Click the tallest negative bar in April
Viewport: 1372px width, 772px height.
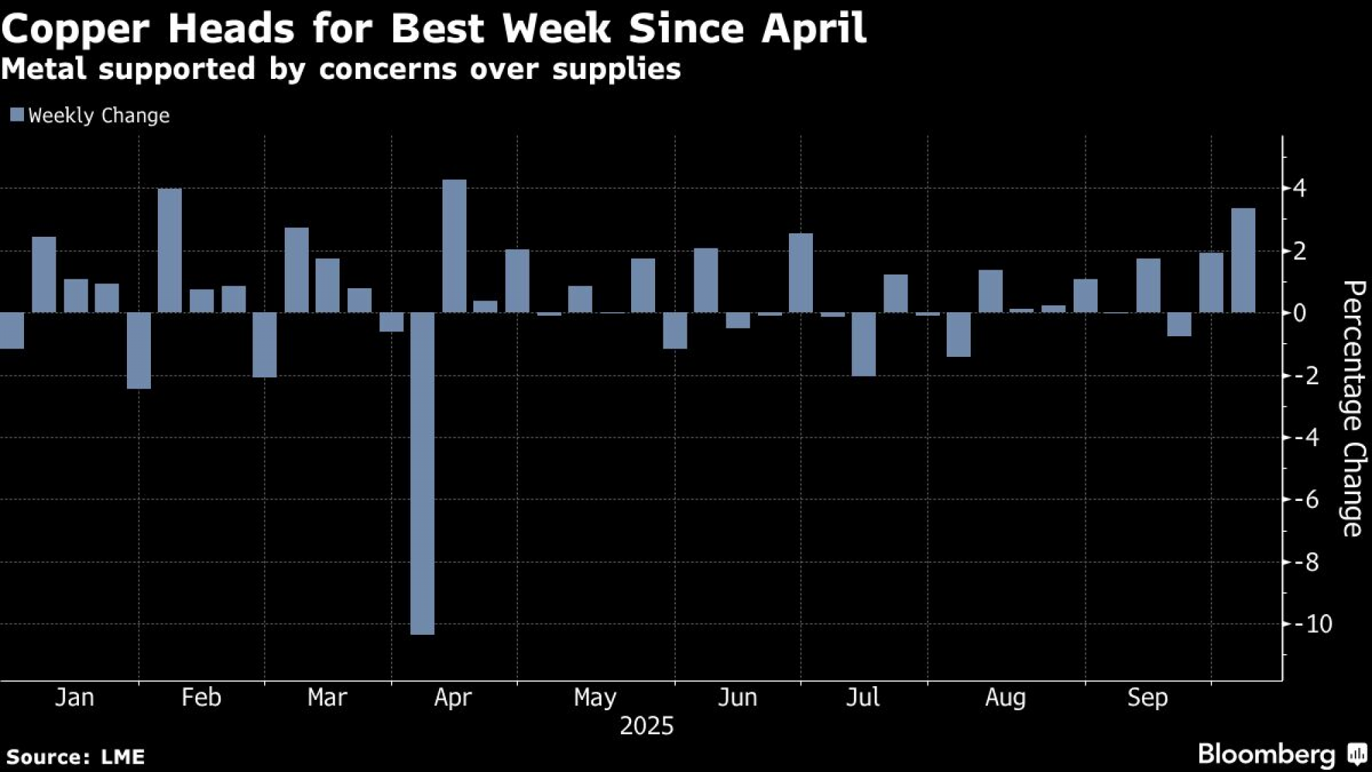point(423,473)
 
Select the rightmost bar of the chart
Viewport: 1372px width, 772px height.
point(1243,260)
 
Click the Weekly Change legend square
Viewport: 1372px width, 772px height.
point(17,115)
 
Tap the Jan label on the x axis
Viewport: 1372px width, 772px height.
point(74,697)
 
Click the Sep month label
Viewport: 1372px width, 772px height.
point(1147,697)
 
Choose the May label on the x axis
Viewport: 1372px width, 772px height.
point(595,697)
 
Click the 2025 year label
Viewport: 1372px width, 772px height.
point(646,726)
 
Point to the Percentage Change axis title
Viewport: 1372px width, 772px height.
point(1352,408)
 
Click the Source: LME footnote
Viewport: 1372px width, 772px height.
point(75,757)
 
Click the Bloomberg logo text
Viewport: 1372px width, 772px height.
point(1266,754)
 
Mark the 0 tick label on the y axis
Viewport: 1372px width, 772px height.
point(1299,313)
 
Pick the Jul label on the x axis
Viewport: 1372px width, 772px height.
point(862,697)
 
